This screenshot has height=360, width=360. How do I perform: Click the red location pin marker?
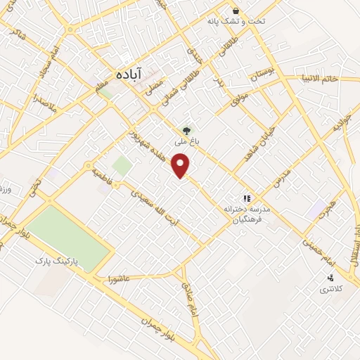click(182, 166)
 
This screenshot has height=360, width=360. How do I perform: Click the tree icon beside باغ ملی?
click(186, 129)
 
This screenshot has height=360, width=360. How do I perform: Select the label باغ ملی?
click(186, 141)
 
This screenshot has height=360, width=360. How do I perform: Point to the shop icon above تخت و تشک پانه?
click(236, 11)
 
